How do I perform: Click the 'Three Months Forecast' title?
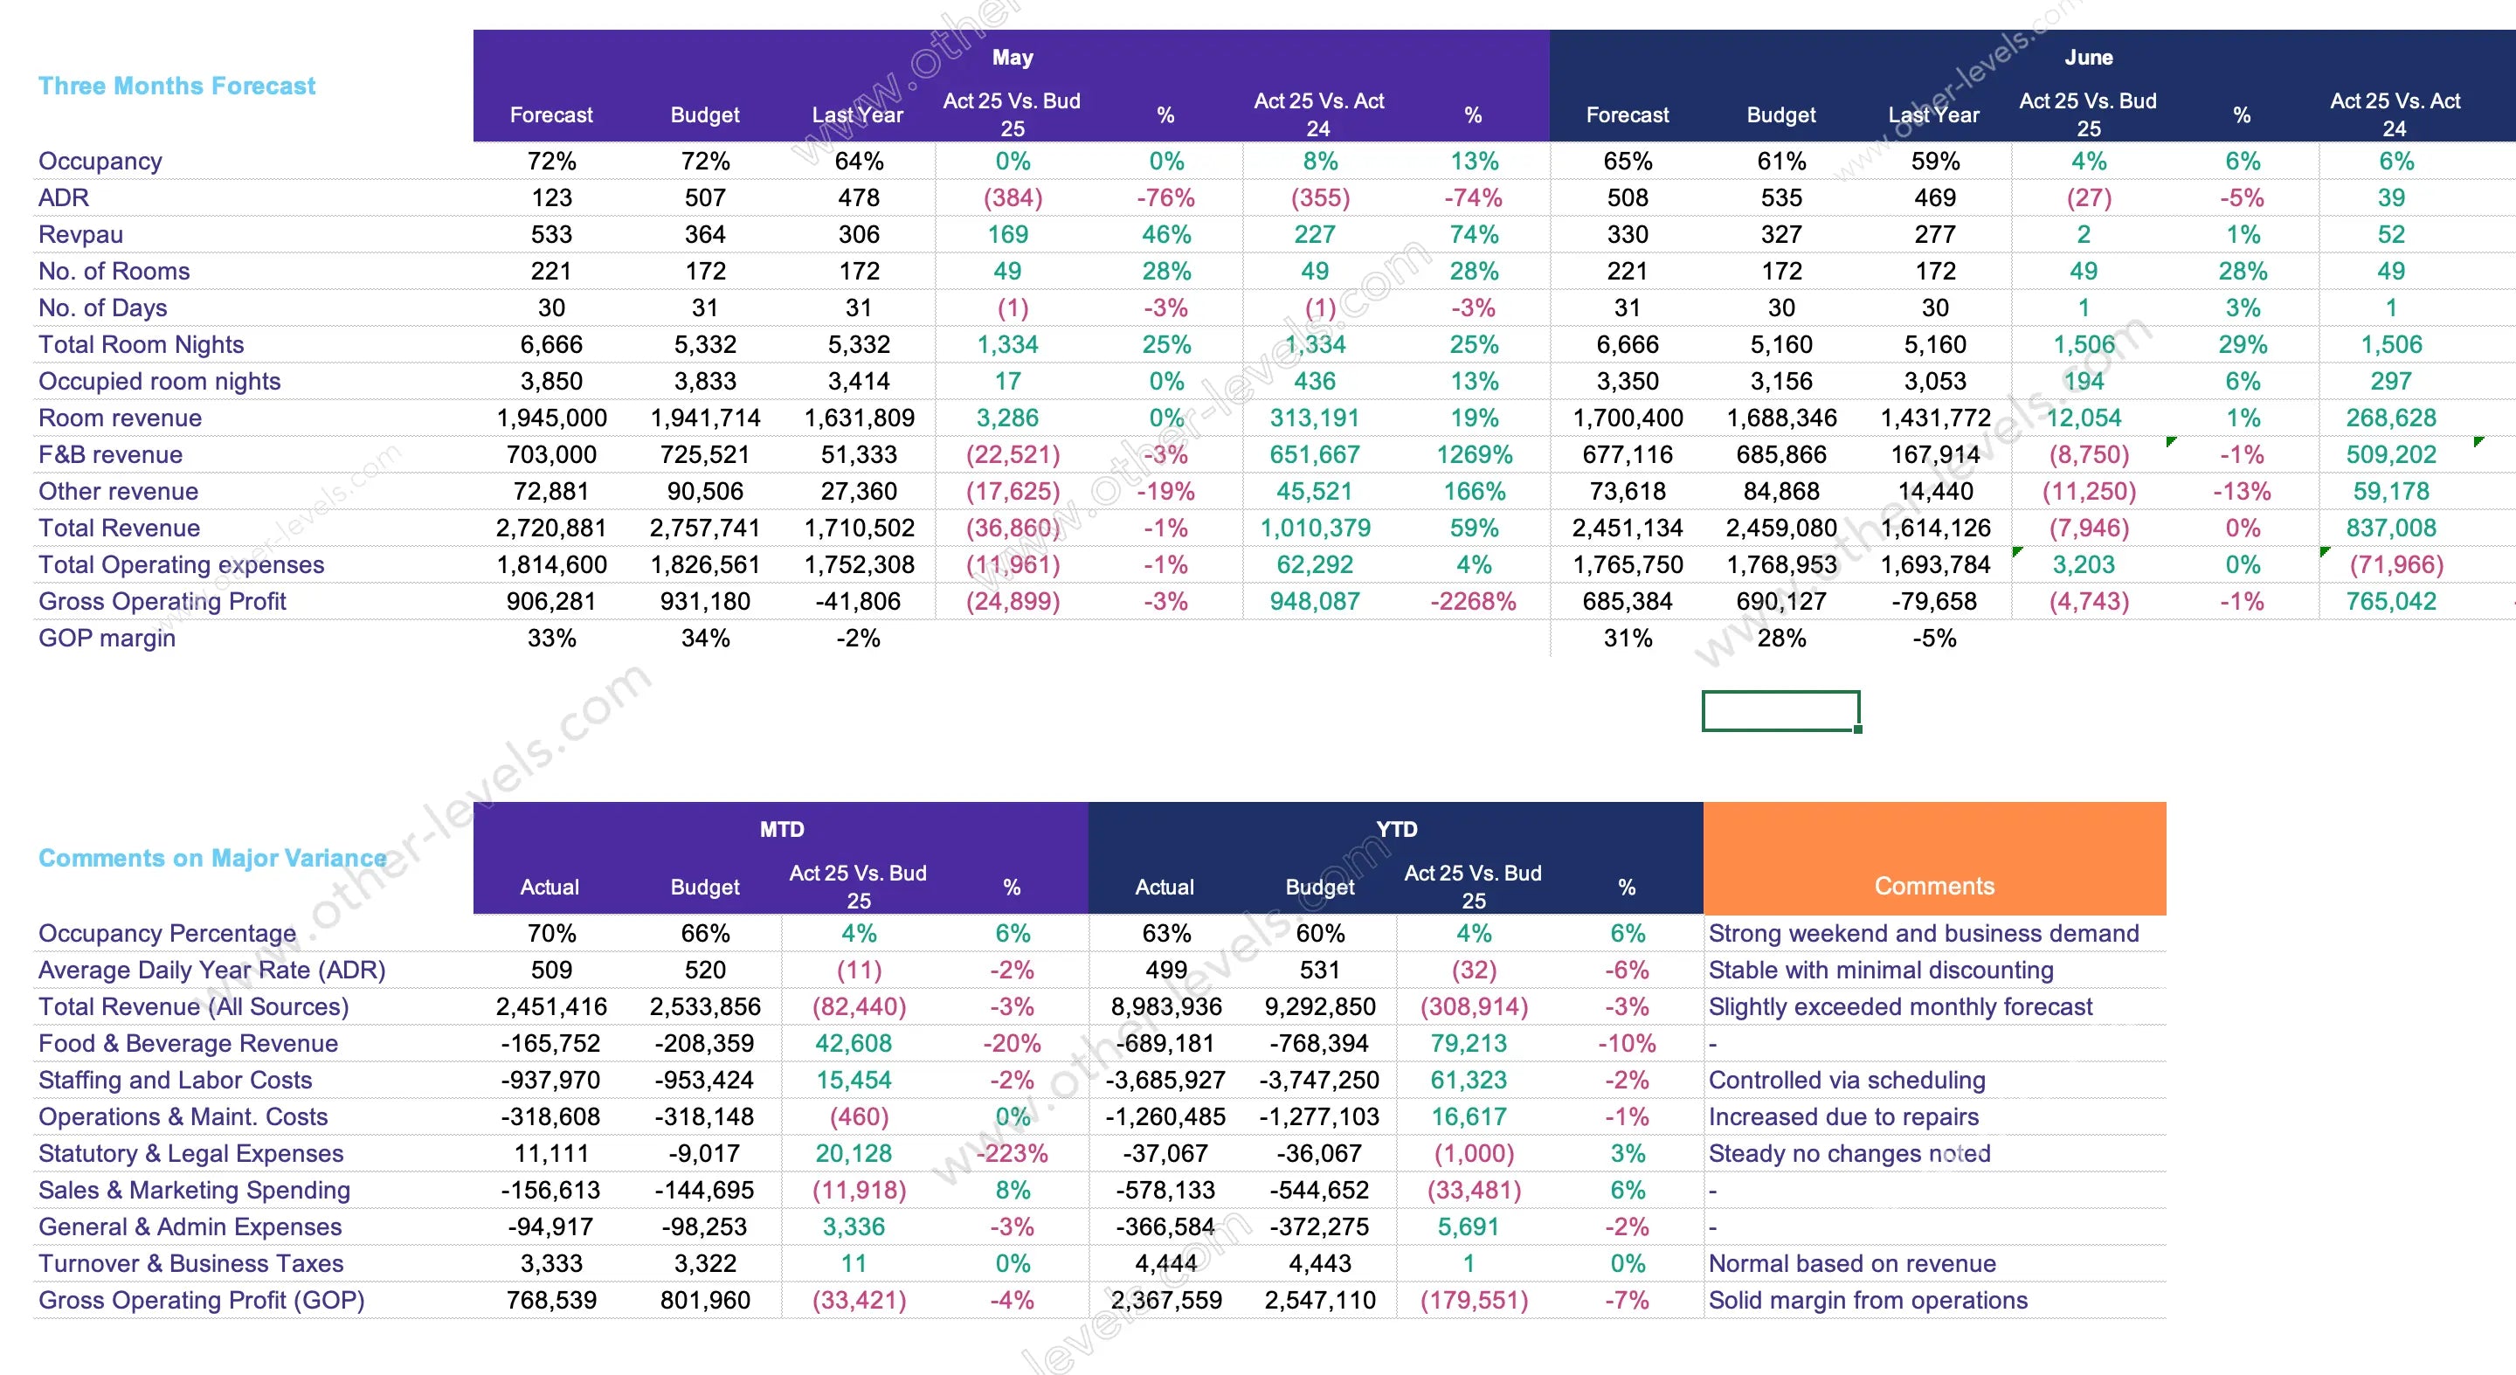176,86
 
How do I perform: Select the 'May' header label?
1012,58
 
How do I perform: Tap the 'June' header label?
2088,58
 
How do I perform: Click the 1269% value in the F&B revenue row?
1474,455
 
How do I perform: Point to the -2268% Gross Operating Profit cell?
1473,602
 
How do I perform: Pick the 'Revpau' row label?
81,234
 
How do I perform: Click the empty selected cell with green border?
1780,711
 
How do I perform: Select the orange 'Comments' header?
1934,886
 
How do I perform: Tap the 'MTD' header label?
781,829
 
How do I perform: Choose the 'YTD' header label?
1396,829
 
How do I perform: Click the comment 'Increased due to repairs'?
1843,1117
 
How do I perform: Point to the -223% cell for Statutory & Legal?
1012,1153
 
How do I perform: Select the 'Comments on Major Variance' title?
212,859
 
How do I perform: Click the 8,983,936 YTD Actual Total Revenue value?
1166,1007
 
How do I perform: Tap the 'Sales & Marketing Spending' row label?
194,1191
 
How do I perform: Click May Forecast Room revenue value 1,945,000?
552,418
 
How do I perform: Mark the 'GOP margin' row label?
107,639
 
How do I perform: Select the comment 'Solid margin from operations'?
1868,1301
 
